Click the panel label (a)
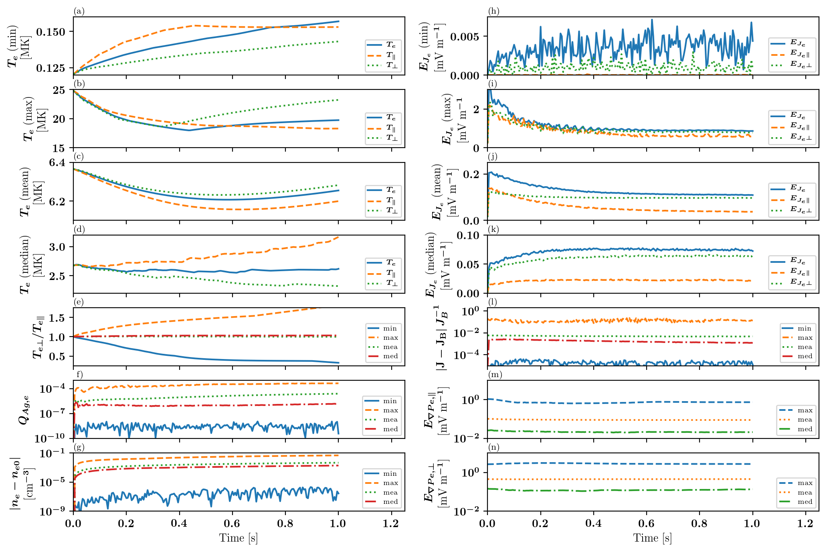pos(79,11)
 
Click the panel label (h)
pos(493,11)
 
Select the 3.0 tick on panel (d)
pos(59,247)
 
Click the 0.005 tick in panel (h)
pos(467,37)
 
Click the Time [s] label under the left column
pos(239,538)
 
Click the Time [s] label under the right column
pos(653,538)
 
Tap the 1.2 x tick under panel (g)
pos(391,524)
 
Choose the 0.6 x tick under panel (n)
pos(646,524)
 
